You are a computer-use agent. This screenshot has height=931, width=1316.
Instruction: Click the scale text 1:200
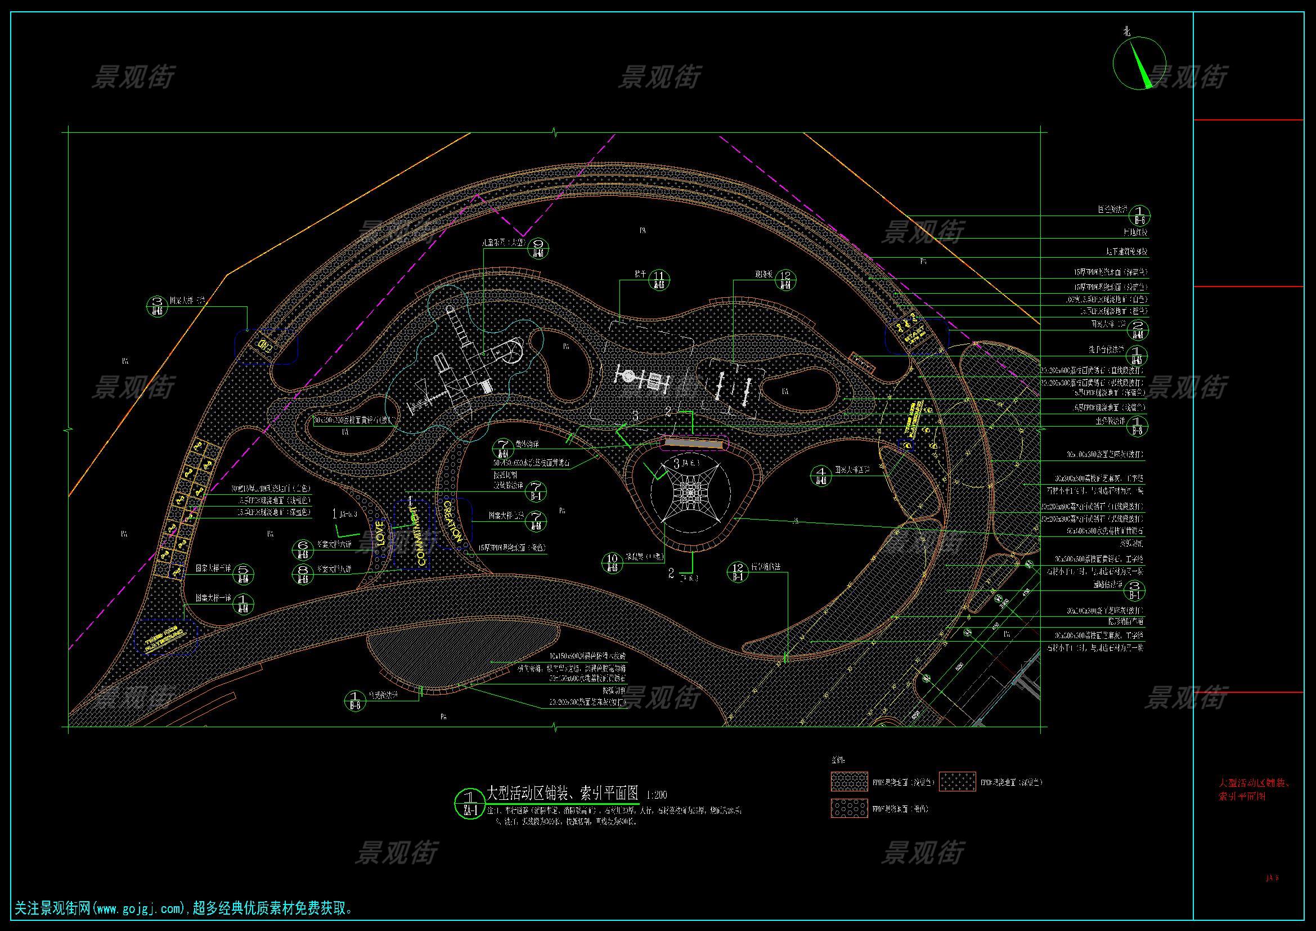point(656,795)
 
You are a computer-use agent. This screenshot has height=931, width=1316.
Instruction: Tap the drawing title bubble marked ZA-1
point(469,804)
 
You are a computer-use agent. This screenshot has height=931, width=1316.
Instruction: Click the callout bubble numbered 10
point(613,563)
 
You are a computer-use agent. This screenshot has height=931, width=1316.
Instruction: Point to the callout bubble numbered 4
point(821,475)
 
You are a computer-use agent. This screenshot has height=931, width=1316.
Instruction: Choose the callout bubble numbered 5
point(243,574)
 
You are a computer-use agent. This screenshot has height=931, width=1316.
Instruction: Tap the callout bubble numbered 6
point(303,549)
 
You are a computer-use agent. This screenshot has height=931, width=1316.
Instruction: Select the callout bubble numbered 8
point(303,574)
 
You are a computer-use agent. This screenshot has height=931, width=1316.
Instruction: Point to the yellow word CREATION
point(452,521)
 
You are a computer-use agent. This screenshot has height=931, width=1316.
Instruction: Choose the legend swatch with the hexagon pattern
point(849,809)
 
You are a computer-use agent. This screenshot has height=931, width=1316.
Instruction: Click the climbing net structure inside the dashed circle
point(690,491)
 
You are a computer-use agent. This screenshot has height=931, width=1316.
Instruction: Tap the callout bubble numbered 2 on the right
point(1138,329)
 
